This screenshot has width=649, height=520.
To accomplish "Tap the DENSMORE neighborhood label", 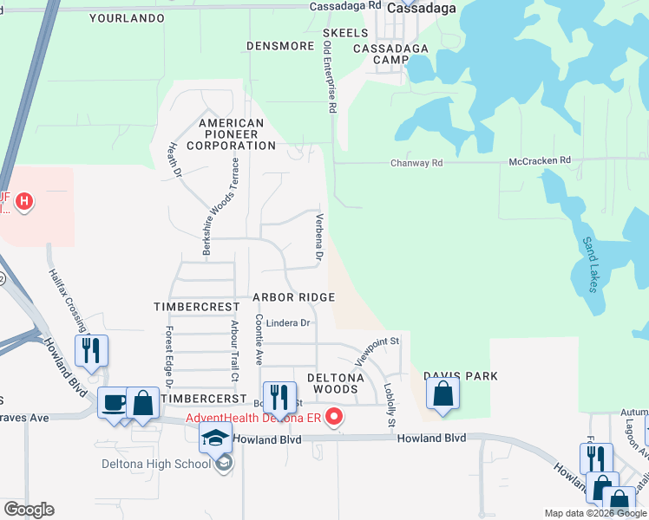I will pos(279,45).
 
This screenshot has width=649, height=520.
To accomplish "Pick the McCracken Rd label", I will pos(540,160).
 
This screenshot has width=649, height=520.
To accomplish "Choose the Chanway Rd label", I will pos(416,162).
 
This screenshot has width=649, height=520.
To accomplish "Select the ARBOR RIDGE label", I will pos(293,297).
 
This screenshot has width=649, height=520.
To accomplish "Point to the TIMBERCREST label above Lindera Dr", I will pos(196,307).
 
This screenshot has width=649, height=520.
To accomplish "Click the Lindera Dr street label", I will pos(288,323).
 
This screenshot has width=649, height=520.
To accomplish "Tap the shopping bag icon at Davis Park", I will pos(442,393).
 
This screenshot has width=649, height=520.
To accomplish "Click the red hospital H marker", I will pos(25,203).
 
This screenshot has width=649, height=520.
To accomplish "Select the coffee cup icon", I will pos(114,403).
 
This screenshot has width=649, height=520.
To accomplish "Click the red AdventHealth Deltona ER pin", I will pos(333,418).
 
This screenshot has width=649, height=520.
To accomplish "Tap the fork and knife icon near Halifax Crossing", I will pos(91,351).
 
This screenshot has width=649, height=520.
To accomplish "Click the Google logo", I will pos(29,510).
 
